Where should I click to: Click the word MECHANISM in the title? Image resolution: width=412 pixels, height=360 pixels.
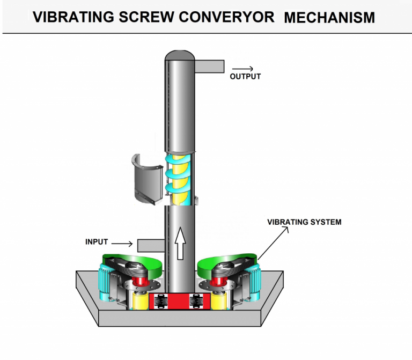pos(329,17)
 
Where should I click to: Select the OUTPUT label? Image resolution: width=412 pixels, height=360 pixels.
pos(245,77)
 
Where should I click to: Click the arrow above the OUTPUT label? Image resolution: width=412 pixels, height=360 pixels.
pos(242,69)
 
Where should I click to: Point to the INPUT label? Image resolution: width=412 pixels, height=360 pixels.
pos(97,242)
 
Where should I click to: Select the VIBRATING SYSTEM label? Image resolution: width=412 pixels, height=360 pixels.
pos(304,222)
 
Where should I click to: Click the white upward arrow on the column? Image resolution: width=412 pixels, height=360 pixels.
pos(180,241)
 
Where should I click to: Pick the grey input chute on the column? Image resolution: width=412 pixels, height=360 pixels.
pos(151,245)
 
